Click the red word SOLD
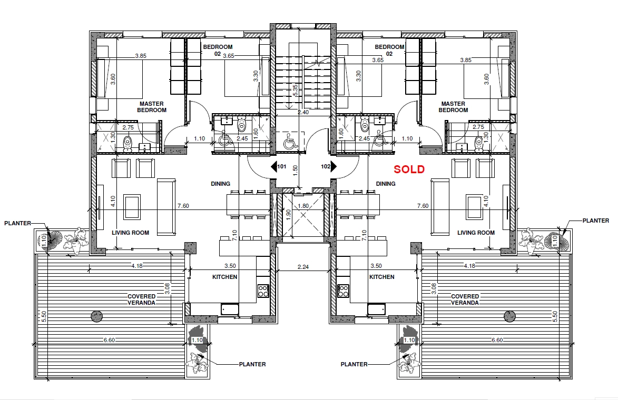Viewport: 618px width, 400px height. (x=409, y=169)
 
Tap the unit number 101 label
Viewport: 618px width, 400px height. (x=282, y=166)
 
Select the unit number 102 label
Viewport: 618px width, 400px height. (x=326, y=166)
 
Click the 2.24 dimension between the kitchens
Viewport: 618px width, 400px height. (x=303, y=267)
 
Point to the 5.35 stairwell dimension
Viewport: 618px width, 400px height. (x=295, y=91)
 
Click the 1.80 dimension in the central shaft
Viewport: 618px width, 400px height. (x=303, y=206)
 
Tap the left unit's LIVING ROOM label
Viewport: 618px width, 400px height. (x=131, y=233)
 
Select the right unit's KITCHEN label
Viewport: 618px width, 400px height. (x=382, y=277)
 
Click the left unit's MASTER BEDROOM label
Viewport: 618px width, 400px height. (x=152, y=107)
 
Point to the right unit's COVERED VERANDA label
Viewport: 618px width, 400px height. (x=465, y=299)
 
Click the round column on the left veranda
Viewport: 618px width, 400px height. (x=96, y=316)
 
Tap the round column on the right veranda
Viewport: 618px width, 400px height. (x=509, y=316)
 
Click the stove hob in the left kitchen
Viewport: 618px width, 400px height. (x=263, y=291)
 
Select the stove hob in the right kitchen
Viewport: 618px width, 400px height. (x=343, y=291)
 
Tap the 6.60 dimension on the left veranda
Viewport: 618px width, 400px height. (x=109, y=340)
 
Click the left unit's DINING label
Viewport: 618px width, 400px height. (x=220, y=184)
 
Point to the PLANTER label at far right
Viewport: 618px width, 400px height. (x=595, y=221)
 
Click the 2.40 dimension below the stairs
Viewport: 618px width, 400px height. (x=303, y=112)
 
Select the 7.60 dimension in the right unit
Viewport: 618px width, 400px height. (x=423, y=206)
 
